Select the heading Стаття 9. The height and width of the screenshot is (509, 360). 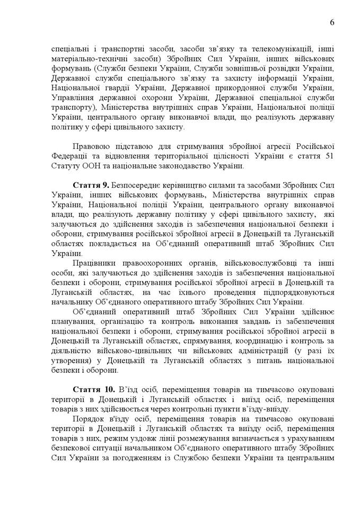(x=90, y=185)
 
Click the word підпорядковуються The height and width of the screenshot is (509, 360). (x=287, y=292)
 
